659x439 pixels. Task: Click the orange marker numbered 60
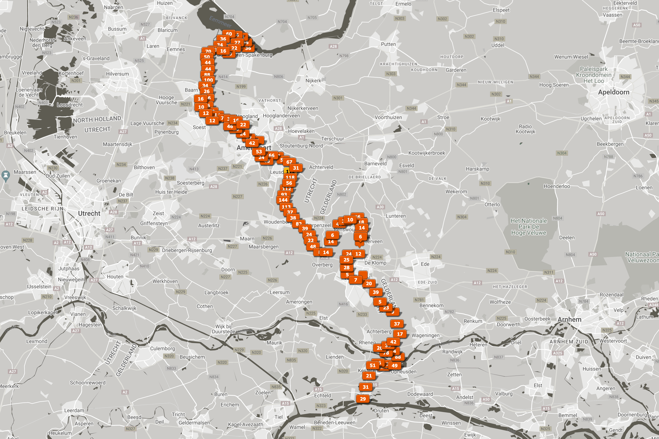(229, 34)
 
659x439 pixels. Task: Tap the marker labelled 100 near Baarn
(208, 80)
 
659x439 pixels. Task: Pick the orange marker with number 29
(363, 399)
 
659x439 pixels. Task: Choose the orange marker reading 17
(400, 334)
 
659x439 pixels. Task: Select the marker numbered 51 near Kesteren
(373, 365)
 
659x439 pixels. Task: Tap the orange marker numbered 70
(208, 51)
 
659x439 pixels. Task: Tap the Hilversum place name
(117, 74)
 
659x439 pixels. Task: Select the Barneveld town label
(375, 164)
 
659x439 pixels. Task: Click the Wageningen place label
(425, 336)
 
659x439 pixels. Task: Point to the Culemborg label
(163, 349)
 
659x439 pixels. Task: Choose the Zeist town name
(158, 213)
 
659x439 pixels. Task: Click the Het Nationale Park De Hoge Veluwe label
(529, 227)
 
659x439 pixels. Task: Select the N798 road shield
(344, 56)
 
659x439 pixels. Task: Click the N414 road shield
(223, 77)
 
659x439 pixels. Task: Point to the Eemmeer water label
(220, 22)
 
